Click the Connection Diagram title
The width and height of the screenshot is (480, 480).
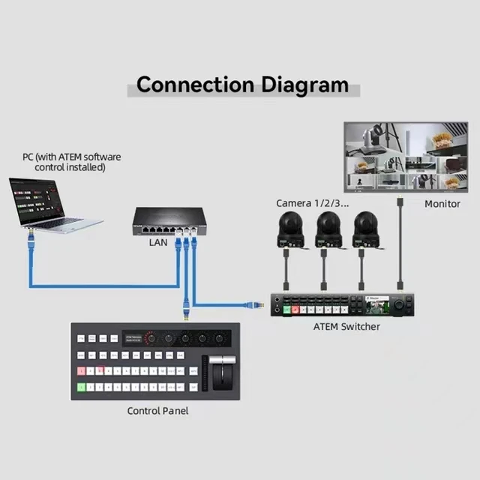[242, 84]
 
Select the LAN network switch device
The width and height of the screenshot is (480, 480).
[167, 219]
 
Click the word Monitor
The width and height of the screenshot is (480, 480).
[442, 204]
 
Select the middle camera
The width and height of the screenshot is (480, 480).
[327, 229]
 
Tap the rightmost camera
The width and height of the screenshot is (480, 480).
[365, 229]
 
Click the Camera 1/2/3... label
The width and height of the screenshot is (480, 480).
[312, 203]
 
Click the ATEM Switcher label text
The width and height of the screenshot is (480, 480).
[346, 327]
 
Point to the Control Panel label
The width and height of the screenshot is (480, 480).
[157, 410]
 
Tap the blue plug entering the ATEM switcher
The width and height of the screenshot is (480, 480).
[254, 304]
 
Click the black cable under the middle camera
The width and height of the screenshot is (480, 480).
[324, 270]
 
